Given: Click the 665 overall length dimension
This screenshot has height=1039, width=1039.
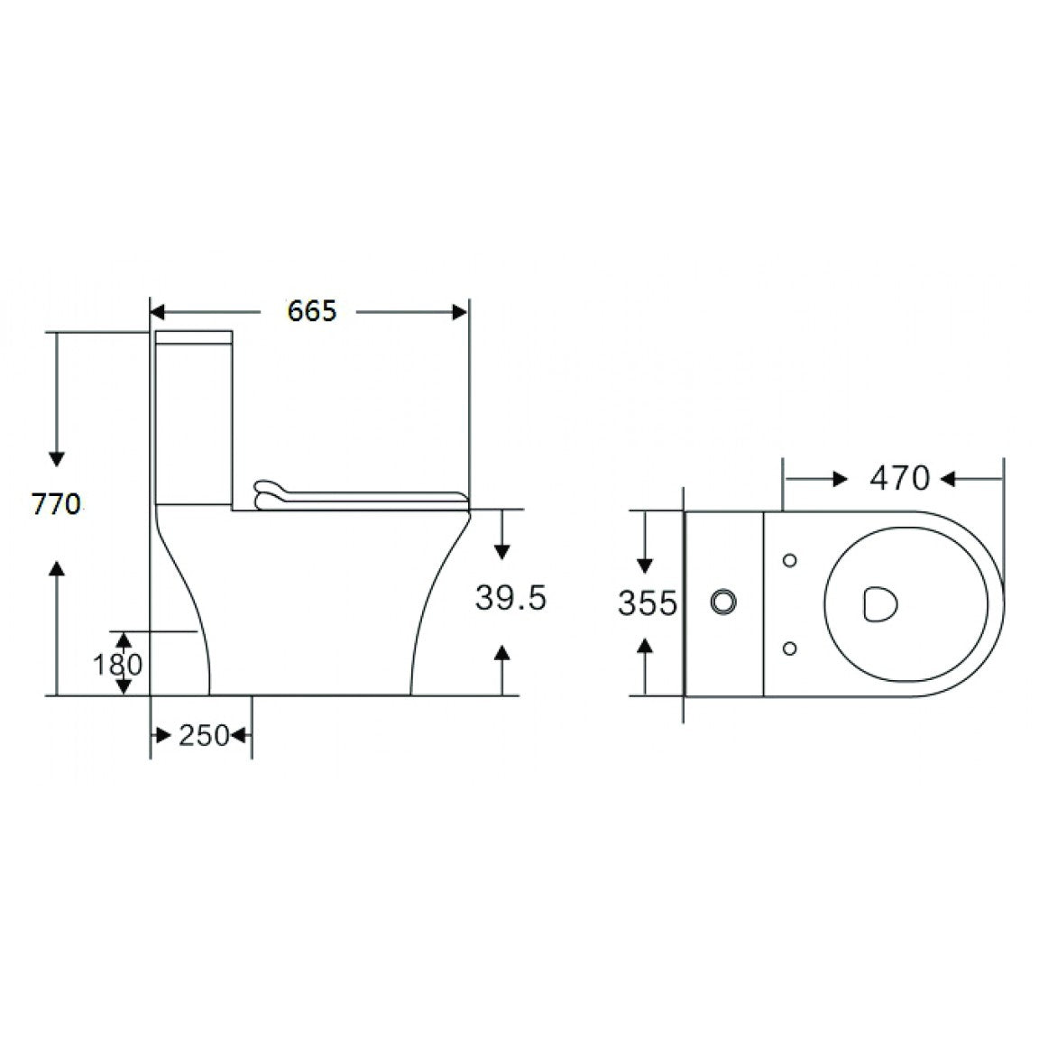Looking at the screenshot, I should point(312,311).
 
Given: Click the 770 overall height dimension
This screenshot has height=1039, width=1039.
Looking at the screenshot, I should point(56,504).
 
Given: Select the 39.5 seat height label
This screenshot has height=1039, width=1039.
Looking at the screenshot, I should point(510,598).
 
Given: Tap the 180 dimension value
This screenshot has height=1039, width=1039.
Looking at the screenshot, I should point(118,665).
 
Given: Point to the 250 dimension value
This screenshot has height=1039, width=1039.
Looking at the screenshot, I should point(203,736).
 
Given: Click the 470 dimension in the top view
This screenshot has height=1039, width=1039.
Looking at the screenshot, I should point(898,478).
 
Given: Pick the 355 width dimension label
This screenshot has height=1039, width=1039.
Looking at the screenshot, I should point(646,602).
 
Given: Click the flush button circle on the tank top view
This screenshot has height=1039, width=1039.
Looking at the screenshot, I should point(723,602).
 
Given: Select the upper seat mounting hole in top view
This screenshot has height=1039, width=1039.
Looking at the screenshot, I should point(790,561).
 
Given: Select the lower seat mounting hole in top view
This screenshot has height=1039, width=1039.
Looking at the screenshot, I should point(790,647).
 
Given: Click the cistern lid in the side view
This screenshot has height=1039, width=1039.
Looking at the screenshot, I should point(196,338).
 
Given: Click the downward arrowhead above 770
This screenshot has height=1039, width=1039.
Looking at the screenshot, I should point(57,458).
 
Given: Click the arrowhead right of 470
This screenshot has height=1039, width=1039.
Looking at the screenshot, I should point(949,479).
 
